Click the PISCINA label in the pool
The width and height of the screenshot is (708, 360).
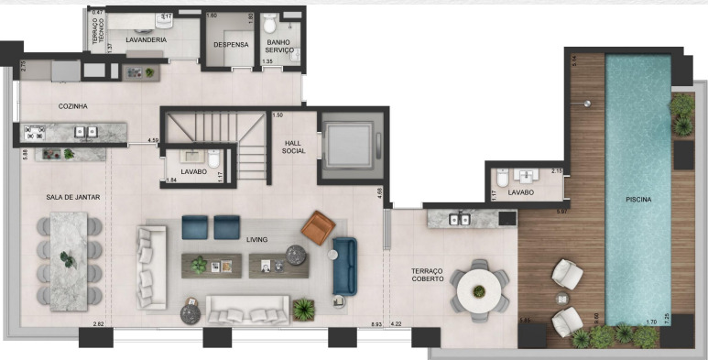(x=638, y=200)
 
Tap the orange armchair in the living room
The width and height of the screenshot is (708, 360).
(x=319, y=225)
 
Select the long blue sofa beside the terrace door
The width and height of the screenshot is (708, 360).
(x=344, y=265)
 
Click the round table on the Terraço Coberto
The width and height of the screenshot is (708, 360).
(x=479, y=286)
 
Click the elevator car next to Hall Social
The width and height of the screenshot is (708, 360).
(x=349, y=144)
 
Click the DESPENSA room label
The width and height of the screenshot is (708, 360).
(x=228, y=44)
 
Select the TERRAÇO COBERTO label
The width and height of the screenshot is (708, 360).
(x=428, y=275)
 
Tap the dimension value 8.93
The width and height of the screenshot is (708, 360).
(x=376, y=325)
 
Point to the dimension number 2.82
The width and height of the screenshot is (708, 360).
(x=99, y=325)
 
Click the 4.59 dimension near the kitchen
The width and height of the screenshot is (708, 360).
(x=154, y=140)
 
